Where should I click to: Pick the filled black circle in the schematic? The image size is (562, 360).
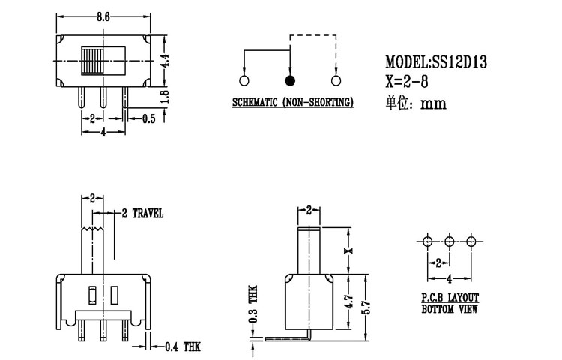click(290, 81)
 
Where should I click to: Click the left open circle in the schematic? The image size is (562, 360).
click(244, 81)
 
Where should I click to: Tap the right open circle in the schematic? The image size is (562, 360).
click(335, 81)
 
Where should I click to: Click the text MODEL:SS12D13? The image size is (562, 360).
click(436, 63)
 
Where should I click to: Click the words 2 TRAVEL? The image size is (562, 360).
click(142, 214)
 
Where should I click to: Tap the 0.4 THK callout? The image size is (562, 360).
click(179, 346)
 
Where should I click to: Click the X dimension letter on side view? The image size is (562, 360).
click(347, 250)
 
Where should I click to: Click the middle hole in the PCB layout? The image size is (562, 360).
click(449, 241)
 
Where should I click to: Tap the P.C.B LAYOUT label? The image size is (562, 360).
click(450, 298)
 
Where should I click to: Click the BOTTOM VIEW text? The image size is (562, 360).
click(450, 308)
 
